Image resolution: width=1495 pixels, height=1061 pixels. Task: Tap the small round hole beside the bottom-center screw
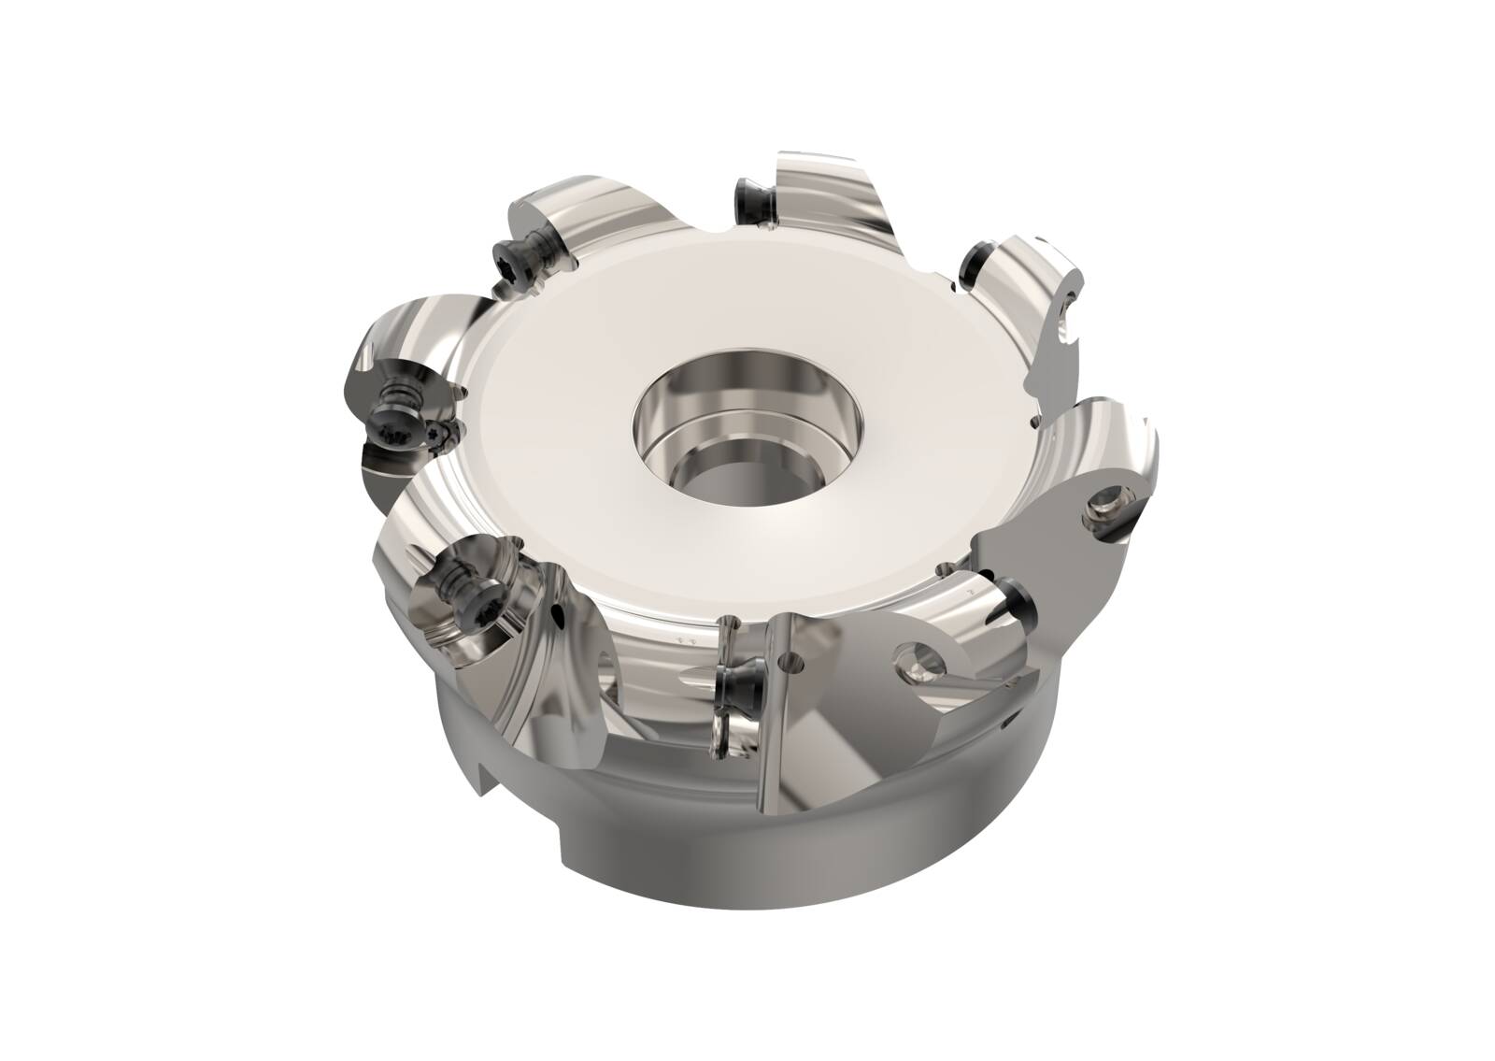(793, 666)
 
